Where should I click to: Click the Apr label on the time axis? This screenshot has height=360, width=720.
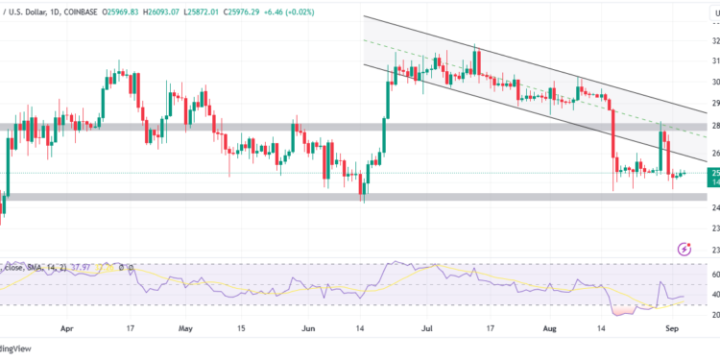click(x=66, y=326)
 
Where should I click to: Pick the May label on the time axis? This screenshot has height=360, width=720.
click(x=186, y=326)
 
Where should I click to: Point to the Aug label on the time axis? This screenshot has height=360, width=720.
click(x=548, y=326)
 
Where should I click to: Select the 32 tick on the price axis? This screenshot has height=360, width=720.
click(x=713, y=42)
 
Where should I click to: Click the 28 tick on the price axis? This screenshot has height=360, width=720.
click(x=713, y=126)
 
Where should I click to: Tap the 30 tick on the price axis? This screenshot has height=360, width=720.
click(x=713, y=83)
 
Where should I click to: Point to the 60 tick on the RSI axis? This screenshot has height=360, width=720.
click(x=713, y=274)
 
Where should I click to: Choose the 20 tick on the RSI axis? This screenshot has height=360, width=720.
click(x=713, y=314)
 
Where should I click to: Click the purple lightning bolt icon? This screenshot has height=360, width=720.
click(x=683, y=249)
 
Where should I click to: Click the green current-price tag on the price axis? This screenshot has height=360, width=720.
click(x=713, y=175)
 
